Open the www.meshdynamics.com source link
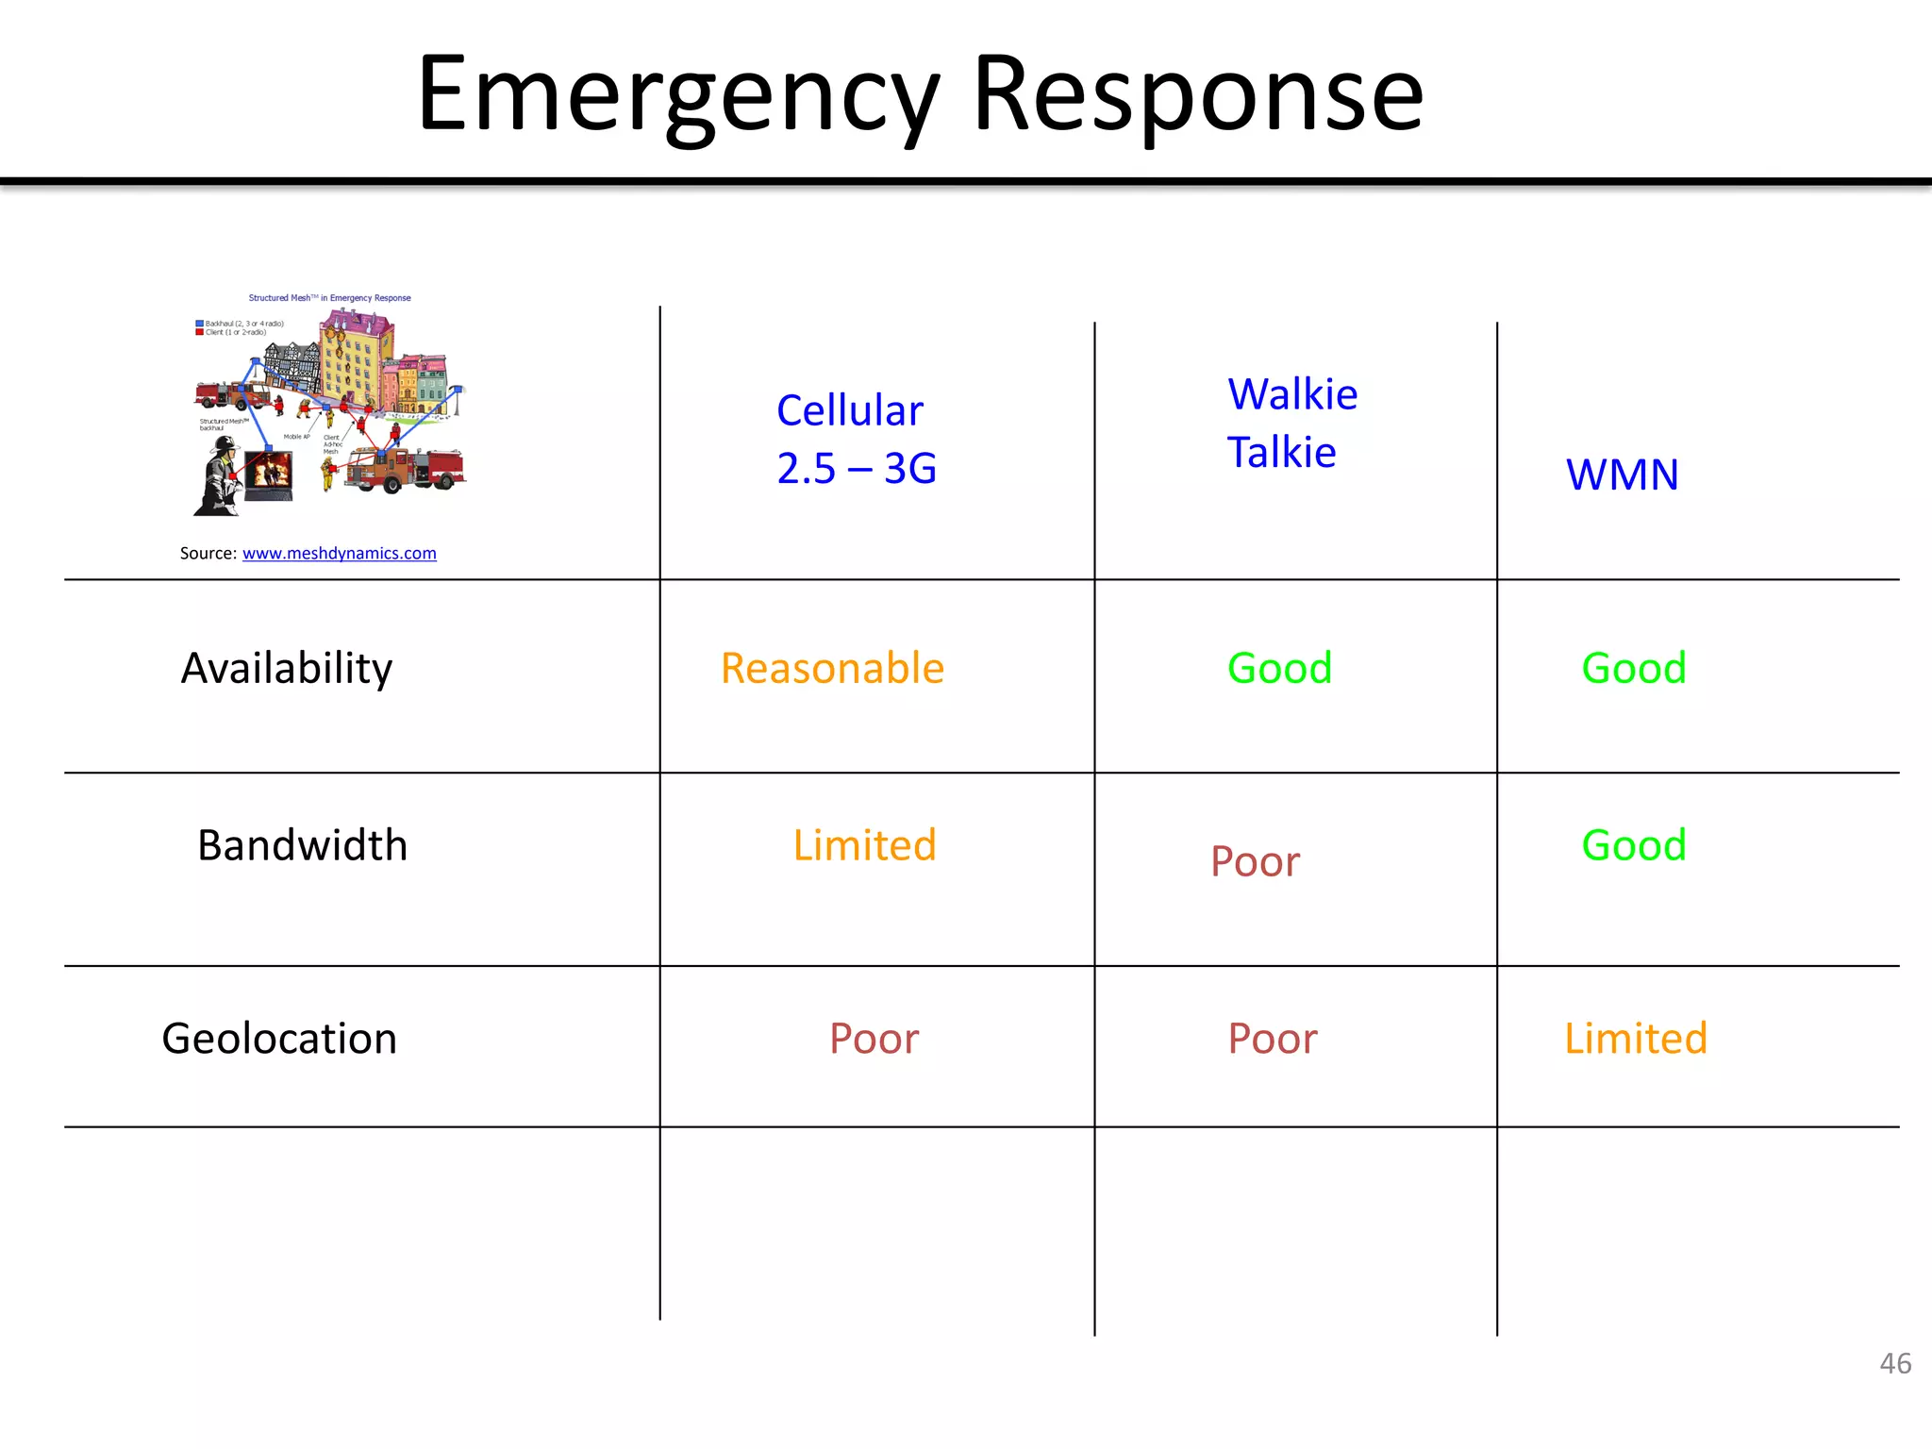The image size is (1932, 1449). (x=339, y=554)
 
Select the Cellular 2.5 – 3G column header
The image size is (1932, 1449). (x=855, y=440)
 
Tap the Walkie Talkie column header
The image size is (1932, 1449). (x=1291, y=424)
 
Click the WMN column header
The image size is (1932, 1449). (x=1622, y=475)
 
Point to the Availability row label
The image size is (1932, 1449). (x=286, y=669)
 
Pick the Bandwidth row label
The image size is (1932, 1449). (x=302, y=845)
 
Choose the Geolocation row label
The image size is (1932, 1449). (x=279, y=1039)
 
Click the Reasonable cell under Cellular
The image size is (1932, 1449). (x=832, y=669)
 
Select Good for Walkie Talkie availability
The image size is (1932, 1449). (x=1279, y=669)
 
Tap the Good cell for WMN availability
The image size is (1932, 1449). (x=1633, y=669)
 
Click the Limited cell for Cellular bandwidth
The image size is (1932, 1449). (x=864, y=845)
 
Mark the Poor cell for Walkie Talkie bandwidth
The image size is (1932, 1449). (x=1255, y=862)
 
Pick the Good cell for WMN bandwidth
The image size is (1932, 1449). (x=1633, y=845)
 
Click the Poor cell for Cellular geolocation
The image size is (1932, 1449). (x=874, y=1039)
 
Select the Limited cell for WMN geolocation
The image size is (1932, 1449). (x=1635, y=1039)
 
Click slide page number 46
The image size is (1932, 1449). (x=1894, y=1363)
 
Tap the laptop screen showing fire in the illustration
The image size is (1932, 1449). (x=270, y=471)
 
